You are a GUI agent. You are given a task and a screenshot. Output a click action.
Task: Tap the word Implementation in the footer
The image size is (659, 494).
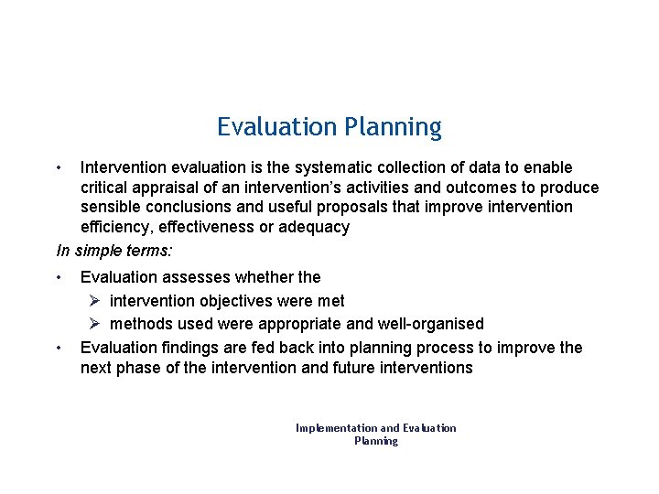coord(336,428)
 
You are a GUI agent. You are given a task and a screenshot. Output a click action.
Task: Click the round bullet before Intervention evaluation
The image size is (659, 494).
coord(59,167)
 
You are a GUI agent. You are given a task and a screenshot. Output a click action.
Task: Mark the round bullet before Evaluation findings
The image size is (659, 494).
coord(59,348)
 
